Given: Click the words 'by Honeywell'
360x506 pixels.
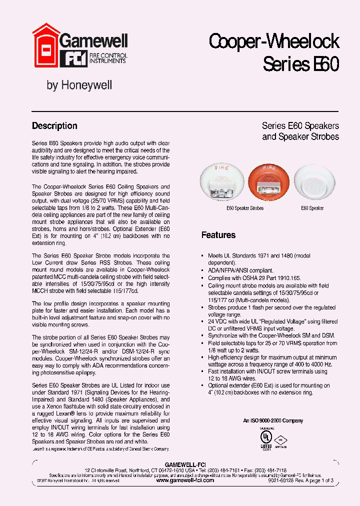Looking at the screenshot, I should click(79, 85).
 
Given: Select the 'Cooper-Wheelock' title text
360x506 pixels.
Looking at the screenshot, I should click(274, 41).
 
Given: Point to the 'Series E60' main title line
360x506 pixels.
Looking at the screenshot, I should click(301, 64).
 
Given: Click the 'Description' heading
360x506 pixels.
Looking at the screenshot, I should click(54, 126).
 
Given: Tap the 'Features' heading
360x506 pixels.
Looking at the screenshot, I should click(218, 235).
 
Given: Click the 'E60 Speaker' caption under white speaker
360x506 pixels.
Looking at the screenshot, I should click(312, 207).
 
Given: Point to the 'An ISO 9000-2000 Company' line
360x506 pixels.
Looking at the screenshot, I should click(273, 421).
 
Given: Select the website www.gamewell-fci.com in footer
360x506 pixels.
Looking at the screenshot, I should click(185, 480).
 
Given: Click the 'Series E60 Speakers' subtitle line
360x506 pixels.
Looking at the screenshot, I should click(300, 126).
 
